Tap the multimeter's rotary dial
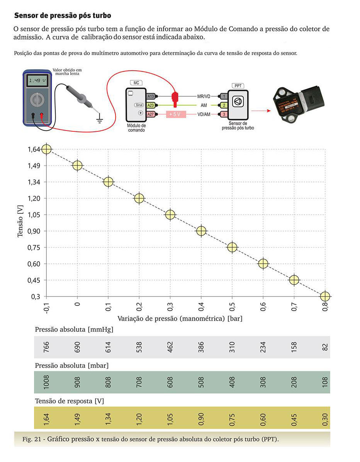point(37,101)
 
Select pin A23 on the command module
point(151,105)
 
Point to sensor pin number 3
point(224,114)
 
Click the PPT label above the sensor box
point(237,85)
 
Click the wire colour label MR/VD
point(204,96)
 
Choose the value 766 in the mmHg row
point(46,346)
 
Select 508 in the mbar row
point(201,382)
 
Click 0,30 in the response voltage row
point(325,418)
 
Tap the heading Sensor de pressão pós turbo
point(63,16)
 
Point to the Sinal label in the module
point(139,105)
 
